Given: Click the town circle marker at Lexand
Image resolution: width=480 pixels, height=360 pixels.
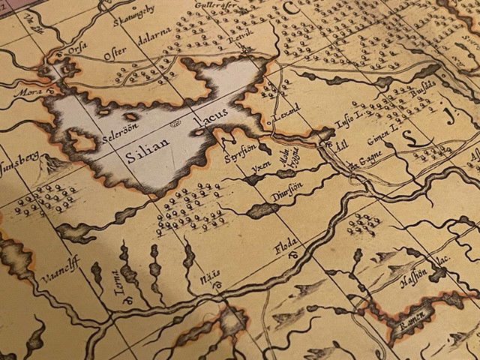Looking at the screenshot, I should tap(268, 121).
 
